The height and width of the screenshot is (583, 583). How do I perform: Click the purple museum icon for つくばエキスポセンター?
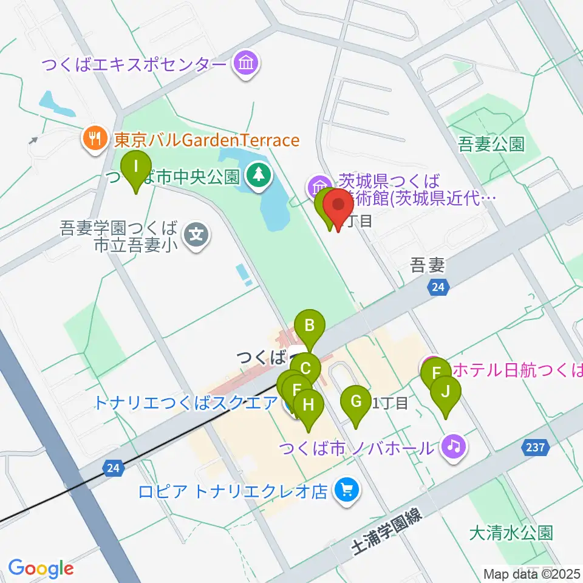click(246, 63)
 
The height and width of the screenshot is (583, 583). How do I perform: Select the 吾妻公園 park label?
click(491, 145)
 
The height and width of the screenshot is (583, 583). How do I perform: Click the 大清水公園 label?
click(511, 533)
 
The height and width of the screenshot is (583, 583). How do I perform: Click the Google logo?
click(41, 569)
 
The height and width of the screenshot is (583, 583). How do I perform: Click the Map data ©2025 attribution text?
click(532, 573)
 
